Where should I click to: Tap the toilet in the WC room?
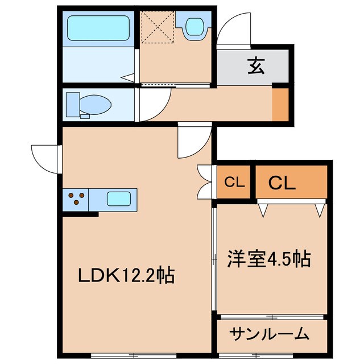pyautogui.click(x=89, y=105)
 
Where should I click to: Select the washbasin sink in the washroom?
pyautogui.click(x=195, y=26)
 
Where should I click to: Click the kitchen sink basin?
pyautogui.click(x=120, y=200)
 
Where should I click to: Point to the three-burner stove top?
pyautogui.click(x=76, y=200)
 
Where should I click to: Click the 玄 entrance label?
pyautogui.click(x=255, y=67)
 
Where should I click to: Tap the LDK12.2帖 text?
pyautogui.click(x=126, y=276)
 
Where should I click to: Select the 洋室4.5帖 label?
pyautogui.click(x=270, y=259)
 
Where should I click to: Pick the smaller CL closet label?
pyautogui.click(x=234, y=183)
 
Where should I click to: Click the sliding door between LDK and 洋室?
pyautogui.click(x=215, y=259)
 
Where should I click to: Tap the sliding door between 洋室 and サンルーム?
pyautogui.click(x=272, y=316)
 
